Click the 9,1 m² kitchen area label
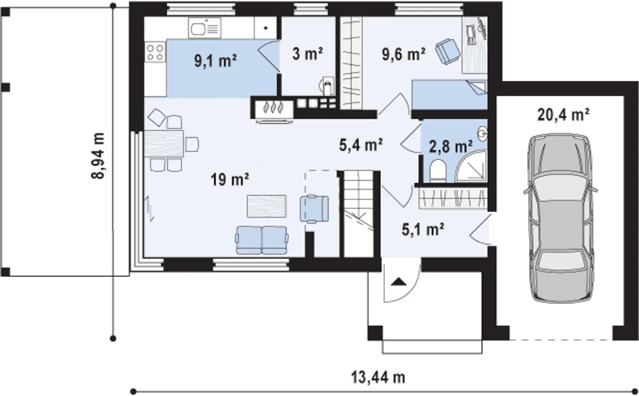point(215,61)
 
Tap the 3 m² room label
point(308,55)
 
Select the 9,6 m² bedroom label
point(403,55)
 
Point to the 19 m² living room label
point(230,180)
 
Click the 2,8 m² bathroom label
point(450,147)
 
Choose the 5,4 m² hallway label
point(361,145)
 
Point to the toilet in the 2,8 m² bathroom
point(437,171)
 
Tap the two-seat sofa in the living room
point(262,240)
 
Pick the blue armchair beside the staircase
point(314,208)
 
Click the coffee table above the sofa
point(267,206)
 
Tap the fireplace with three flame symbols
point(274,107)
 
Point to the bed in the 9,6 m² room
point(450,94)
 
